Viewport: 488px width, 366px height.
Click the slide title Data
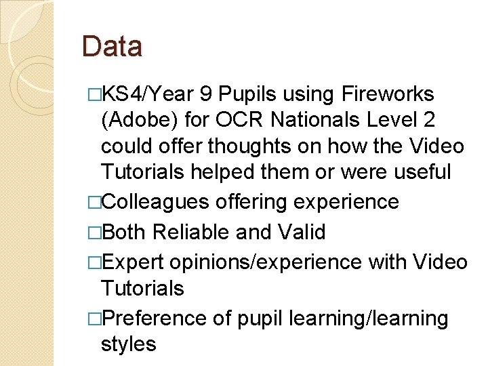[112, 47]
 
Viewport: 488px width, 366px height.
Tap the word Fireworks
[390, 94]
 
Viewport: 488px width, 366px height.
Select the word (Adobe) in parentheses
[139, 121]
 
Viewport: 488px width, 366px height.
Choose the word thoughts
[253, 146]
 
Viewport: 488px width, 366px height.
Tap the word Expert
[132, 262]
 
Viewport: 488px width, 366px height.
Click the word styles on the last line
[128, 344]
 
